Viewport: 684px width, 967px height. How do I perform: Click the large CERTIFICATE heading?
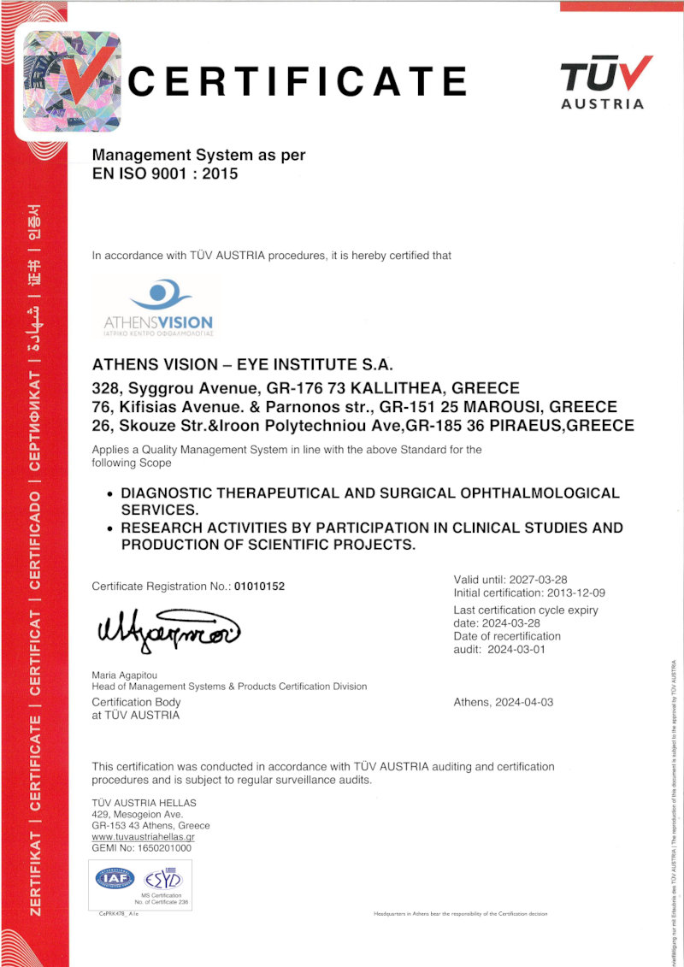298,82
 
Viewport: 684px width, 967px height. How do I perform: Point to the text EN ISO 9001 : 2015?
164,174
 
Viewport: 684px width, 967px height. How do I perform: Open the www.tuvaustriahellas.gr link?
143,837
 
